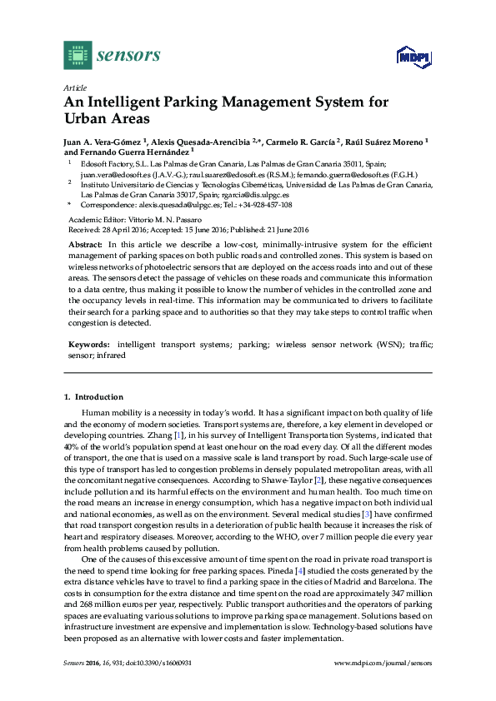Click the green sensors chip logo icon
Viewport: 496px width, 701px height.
pos(77,55)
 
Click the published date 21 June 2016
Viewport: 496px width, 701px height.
pos(281,229)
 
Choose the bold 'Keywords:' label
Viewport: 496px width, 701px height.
pos(88,343)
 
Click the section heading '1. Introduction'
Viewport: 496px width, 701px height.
pos(93,397)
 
